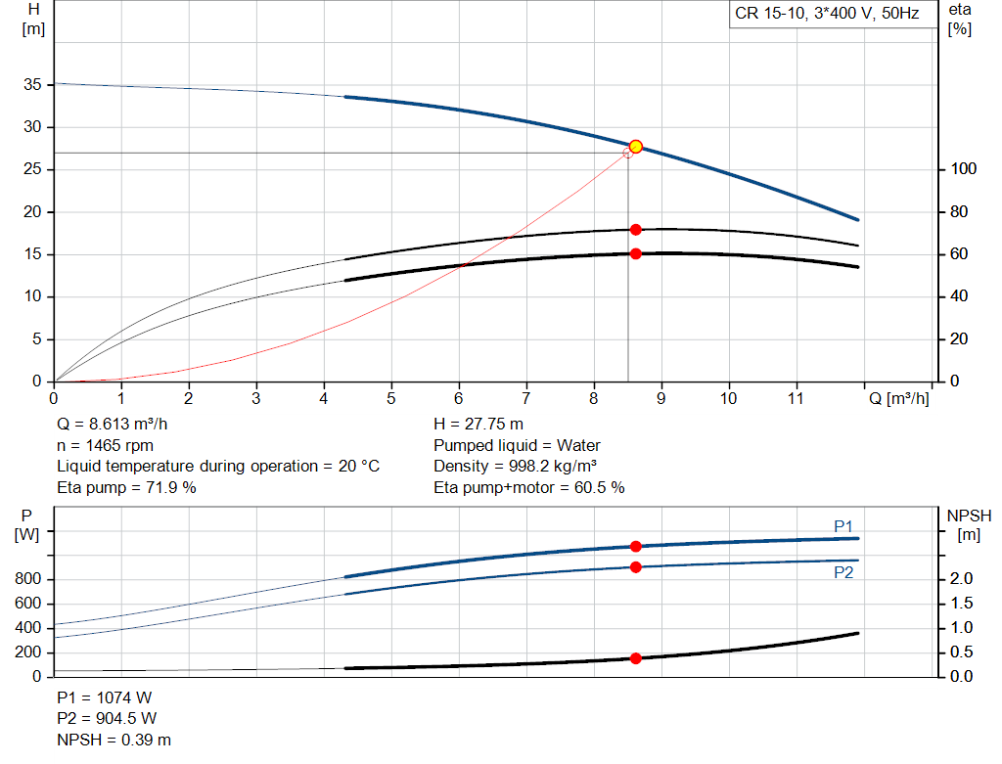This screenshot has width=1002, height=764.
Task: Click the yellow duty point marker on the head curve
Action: click(635, 147)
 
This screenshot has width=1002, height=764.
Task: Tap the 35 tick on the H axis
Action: click(32, 84)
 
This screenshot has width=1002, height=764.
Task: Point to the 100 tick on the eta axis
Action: click(963, 168)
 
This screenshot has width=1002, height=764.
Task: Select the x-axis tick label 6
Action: click(458, 398)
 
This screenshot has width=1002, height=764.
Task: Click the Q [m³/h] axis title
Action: click(899, 398)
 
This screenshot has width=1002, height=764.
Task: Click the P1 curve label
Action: click(843, 525)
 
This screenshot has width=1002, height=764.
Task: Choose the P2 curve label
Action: click(843, 572)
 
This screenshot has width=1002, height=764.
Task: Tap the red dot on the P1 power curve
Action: click(635, 546)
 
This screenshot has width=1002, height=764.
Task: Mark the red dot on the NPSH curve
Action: click(635, 658)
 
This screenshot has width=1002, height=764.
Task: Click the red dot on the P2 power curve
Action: click(635, 567)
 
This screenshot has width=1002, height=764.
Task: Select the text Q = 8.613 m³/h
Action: click(113, 424)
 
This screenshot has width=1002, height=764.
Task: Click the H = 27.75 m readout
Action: click(478, 424)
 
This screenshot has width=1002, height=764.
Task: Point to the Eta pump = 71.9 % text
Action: click(126, 487)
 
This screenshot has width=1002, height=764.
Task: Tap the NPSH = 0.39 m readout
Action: click(114, 740)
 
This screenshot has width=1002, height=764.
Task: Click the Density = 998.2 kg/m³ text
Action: click(515, 466)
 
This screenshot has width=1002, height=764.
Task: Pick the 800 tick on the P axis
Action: click(27, 579)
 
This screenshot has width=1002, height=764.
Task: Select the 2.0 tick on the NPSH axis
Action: click(961, 579)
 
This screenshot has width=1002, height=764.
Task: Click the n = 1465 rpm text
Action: click(106, 445)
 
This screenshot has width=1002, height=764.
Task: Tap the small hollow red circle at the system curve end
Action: click(627, 154)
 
